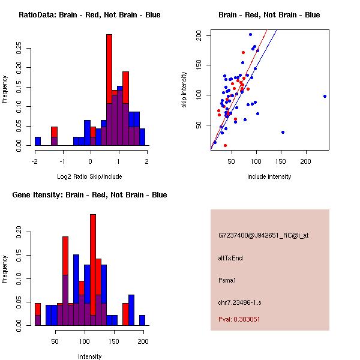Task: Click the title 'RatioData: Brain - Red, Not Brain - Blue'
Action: point(89,15)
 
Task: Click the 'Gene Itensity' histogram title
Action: point(89,195)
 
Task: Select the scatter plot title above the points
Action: point(269,15)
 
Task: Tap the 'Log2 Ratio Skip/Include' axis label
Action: point(89,176)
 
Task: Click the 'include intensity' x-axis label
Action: point(269,176)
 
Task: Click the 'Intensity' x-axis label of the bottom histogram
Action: point(89,356)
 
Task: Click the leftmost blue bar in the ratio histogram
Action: point(38,141)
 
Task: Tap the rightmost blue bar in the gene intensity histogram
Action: point(142,320)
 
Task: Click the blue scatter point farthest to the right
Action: point(325,96)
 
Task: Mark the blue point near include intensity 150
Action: point(283,132)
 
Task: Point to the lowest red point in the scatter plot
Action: point(225,145)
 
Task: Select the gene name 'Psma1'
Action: point(228,280)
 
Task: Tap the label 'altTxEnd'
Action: point(230,258)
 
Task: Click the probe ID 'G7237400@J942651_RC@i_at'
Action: point(263,236)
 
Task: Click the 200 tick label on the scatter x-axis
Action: point(305,161)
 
